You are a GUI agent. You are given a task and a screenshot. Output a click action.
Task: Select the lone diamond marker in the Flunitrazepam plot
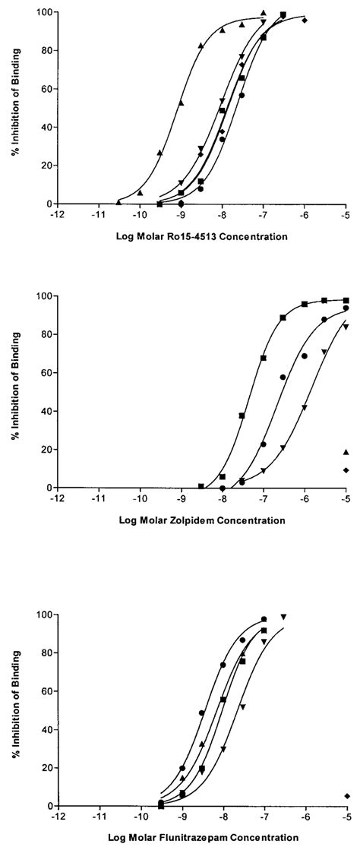(x=346, y=796)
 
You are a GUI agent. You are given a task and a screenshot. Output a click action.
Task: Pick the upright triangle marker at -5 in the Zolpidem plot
(x=346, y=452)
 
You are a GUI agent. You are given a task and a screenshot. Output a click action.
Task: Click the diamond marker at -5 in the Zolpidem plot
(x=346, y=470)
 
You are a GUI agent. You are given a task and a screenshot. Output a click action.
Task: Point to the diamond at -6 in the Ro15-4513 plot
(x=305, y=21)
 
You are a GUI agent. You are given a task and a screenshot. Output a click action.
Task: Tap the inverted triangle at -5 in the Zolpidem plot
(x=346, y=327)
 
